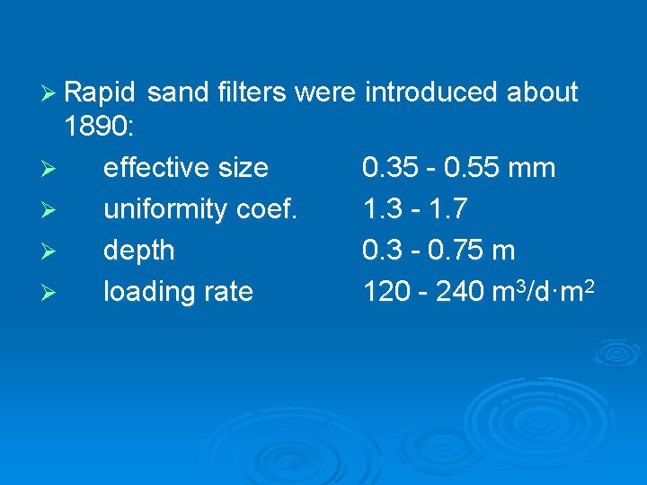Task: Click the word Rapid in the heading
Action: pyautogui.click(x=100, y=93)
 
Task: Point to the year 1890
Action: pyautogui.click(x=98, y=127)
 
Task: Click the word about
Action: pyautogui.click(x=543, y=93)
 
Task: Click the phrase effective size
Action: pyautogui.click(x=185, y=168)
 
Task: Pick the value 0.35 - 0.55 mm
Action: pyautogui.click(x=458, y=168)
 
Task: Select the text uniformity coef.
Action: pyautogui.click(x=200, y=209)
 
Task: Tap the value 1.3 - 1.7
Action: pyautogui.click(x=414, y=209)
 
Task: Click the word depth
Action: pyautogui.click(x=139, y=251)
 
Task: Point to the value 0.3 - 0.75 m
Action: pyautogui.click(x=439, y=251)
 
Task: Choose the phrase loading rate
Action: pyautogui.click(x=178, y=292)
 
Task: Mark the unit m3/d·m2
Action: pyautogui.click(x=542, y=290)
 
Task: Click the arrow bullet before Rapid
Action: pyautogui.click(x=50, y=93)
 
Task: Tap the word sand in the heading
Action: pyautogui.click(x=175, y=93)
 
